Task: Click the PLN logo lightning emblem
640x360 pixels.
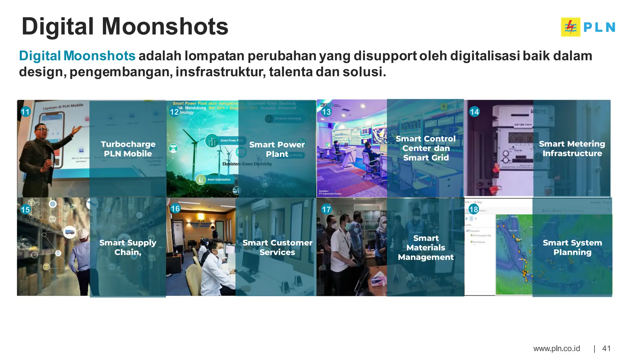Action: pyautogui.click(x=570, y=27)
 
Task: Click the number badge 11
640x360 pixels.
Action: pyautogui.click(x=25, y=112)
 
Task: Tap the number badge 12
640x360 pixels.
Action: pyautogui.click(x=174, y=112)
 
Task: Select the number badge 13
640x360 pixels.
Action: pyautogui.click(x=326, y=112)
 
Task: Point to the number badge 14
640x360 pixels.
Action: pyautogui.click(x=474, y=112)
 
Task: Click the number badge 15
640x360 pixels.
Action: pyautogui.click(x=25, y=209)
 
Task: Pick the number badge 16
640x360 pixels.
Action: pyautogui.click(x=175, y=208)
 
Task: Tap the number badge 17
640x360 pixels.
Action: pyautogui.click(x=326, y=209)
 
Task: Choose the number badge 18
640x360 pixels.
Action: pyautogui.click(x=473, y=209)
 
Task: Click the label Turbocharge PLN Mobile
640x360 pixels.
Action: pyautogui.click(x=128, y=149)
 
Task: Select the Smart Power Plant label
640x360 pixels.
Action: pyautogui.click(x=277, y=149)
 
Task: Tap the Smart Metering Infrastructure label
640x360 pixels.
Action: pyautogui.click(x=572, y=149)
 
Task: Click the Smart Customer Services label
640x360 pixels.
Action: pyautogui.click(x=277, y=247)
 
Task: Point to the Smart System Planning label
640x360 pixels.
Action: pyautogui.click(x=572, y=247)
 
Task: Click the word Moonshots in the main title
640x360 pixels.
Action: pyautogui.click(x=165, y=27)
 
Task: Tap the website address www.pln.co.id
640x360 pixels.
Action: pyautogui.click(x=556, y=348)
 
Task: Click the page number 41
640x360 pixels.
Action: pyautogui.click(x=606, y=348)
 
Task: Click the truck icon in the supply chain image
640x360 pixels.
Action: pyautogui.click(x=69, y=232)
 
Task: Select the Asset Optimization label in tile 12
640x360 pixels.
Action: pyautogui.click(x=218, y=180)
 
